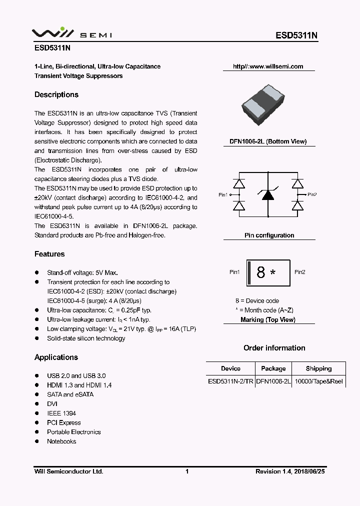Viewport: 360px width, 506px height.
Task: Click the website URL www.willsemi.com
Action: pyautogui.click(x=268, y=66)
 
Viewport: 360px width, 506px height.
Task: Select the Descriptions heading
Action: pyautogui.click(x=56, y=94)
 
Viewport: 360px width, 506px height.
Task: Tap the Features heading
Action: pyautogui.click(x=49, y=254)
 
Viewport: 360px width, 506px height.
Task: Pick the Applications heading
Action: pyautogui.click(x=56, y=357)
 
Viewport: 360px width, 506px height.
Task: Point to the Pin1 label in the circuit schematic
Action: pyautogui.click(x=223, y=195)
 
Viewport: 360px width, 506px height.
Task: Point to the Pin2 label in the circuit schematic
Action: pyautogui.click(x=312, y=194)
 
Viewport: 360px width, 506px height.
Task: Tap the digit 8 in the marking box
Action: pyautogui.click(x=260, y=272)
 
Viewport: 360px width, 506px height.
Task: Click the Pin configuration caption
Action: pyautogui.click(x=269, y=235)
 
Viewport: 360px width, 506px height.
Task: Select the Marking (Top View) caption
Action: pyautogui.click(x=267, y=319)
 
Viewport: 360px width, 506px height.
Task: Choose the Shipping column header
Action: pyautogui.click(x=318, y=368)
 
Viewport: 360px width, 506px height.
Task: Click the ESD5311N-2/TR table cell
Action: pyautogui.click(x=230, y=381)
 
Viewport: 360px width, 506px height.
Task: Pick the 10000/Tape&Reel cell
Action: pyautogui.click(x=318, y=381)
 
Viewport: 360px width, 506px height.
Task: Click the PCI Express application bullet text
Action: pyautogui.click(x=64, y=422)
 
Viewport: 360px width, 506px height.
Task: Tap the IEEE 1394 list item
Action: pyautogui.click(x=61, y=413)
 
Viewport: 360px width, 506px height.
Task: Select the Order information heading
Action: pyautogui.click(x=274, y=347)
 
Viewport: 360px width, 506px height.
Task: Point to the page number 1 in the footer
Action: pyautogui.click(x=186, y=471)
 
